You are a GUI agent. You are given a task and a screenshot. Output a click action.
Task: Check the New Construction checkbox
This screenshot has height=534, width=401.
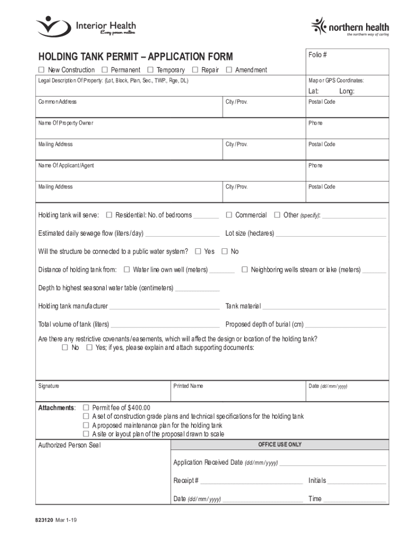point(41,70)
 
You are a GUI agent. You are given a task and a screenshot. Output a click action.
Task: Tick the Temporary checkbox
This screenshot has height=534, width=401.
point(150,70)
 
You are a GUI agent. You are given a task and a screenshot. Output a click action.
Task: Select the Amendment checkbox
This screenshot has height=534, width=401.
point(229,70)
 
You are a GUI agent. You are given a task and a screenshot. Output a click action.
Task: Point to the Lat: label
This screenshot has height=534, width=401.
point(314,91)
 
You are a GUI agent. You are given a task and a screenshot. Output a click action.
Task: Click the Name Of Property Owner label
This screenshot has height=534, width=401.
point(66,123)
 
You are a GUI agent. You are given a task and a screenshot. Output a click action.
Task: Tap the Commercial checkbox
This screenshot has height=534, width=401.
point(229,215)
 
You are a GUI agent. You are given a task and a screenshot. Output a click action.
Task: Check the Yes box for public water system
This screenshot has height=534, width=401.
point(198,251)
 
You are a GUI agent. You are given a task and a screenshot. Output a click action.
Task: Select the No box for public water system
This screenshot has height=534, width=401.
point(224,251)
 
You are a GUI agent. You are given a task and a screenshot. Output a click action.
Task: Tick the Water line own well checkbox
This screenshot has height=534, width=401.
point(127,270)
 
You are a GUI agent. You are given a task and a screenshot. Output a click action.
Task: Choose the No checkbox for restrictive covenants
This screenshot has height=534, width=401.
point(65,347)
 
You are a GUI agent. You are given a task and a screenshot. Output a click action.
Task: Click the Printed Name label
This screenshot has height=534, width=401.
point(188,386)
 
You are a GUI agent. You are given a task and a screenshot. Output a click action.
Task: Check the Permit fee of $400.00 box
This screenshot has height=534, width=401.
point(86,407)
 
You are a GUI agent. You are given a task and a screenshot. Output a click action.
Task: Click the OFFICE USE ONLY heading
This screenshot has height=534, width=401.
point(280,445)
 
